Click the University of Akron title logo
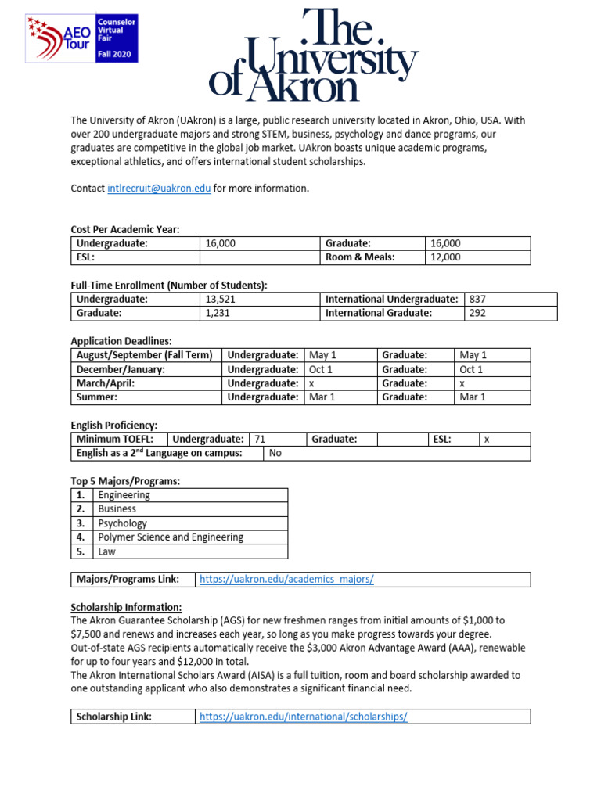coord(314,54)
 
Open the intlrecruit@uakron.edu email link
coord(159,189)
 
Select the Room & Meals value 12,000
coord(446,257)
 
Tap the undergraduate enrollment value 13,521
coord(220,299)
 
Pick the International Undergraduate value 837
coord(477,299)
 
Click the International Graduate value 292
coord(477,313)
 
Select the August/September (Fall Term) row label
coord(144,355)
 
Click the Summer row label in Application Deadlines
coord(97,397)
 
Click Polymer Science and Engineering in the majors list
coord(171,537)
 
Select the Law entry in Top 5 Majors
coord(106,551)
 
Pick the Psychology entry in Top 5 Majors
coord(122,523)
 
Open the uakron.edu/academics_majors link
coord(286,580)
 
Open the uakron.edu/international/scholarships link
coord(304,717)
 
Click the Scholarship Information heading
coord(126,607)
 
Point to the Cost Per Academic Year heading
coord(125,229)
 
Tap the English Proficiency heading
coord(114,425)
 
